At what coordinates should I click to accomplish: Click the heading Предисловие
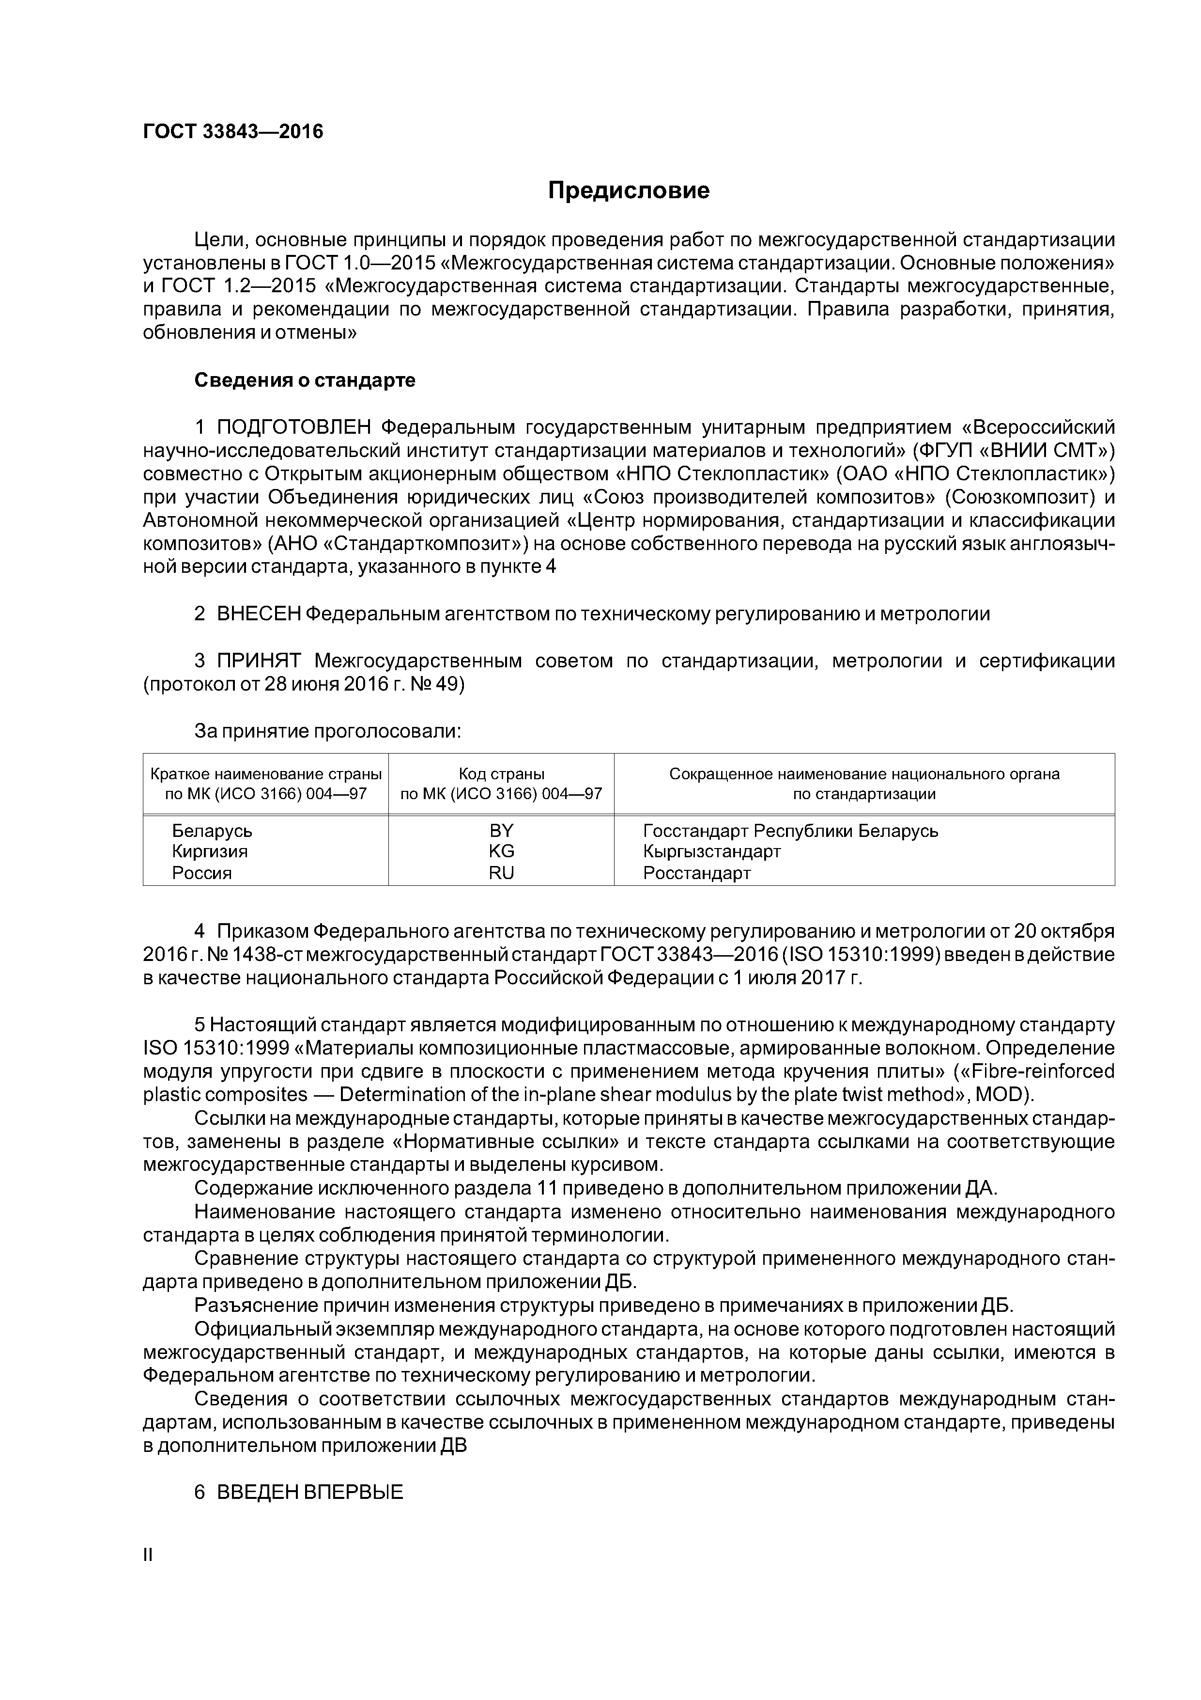[628, 191]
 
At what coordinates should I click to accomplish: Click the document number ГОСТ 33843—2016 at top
[233, 132]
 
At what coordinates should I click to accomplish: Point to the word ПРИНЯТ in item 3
[259, 661]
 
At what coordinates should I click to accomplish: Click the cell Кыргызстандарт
[712, 851]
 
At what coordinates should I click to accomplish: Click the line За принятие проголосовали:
[328, 732]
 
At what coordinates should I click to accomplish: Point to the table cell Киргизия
[209, 851]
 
